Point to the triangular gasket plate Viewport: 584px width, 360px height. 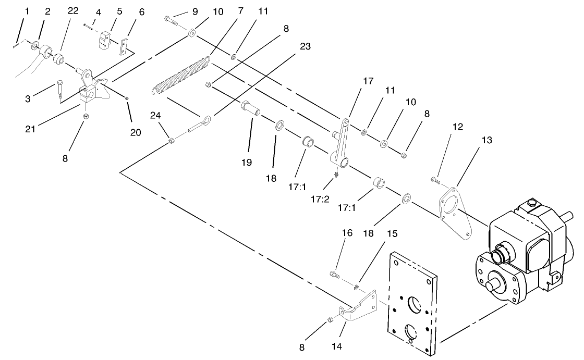click(455, 212)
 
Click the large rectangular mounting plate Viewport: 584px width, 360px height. click(411, 302)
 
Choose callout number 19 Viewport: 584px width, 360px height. click(247, 163)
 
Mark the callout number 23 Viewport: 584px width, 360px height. click(305, 46)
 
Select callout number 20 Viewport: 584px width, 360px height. click(136, 132)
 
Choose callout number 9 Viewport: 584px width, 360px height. click(180, 11)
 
